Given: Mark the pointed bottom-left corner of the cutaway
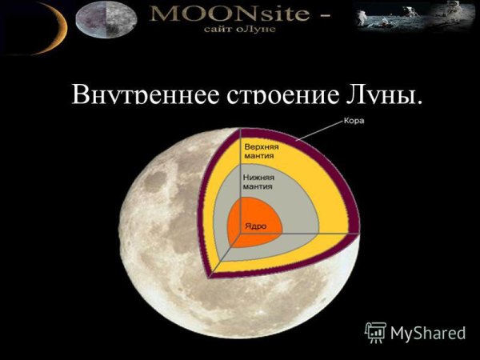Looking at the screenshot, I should pos(209,275).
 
